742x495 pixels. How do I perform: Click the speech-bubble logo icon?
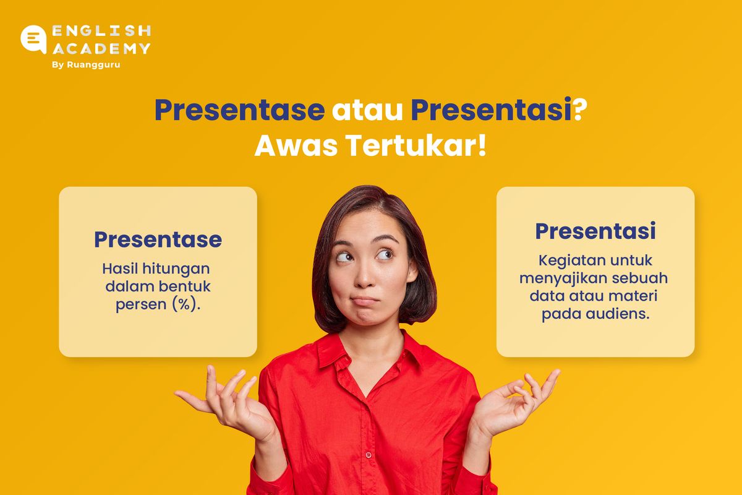(33, 39)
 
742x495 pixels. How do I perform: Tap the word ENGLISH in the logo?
(101, 31)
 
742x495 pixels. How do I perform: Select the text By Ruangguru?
(86, 64)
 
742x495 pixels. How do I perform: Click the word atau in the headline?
(367, 110)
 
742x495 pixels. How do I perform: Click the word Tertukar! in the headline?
(416, 145)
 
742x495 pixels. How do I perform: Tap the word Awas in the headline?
(296, 145)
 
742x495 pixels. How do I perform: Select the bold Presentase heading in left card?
(158, 239)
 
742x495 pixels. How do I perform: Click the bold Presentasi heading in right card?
(595, 231)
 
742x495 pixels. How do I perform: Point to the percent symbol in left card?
(184, 304)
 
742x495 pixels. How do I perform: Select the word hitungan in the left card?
(176, 269)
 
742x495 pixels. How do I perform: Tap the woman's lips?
(365, 301)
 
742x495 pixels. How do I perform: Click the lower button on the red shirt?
(369, 455)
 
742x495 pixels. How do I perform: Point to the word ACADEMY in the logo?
(101, 49)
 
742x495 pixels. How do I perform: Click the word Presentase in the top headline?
(239, 110)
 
